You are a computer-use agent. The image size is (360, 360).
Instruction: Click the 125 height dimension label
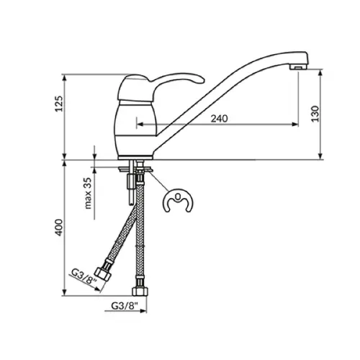[x=59, y=104]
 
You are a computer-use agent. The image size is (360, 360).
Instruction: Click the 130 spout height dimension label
[x=315, y=114]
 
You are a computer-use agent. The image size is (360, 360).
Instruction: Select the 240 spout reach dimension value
[x=219, y=119]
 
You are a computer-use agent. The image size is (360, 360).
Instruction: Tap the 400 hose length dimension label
[x=59, y=227]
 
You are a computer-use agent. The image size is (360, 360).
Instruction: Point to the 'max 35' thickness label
[x=88, y=193]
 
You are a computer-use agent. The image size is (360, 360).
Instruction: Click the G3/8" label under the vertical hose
[x=125, y=306]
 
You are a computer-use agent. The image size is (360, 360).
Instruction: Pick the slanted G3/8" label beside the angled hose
[x=84, y=276]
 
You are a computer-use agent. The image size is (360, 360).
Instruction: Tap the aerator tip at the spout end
[x=298, y=66]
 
